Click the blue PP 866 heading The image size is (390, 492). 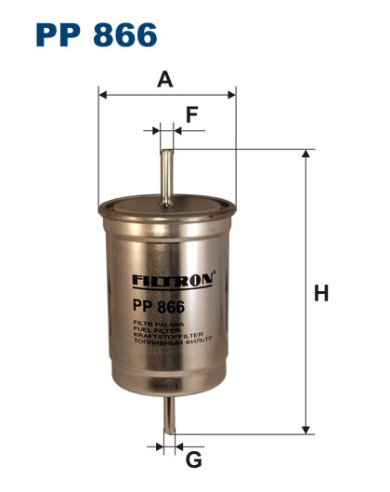[97, 35]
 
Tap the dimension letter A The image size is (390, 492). [165, 79]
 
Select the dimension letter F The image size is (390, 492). [192, 115]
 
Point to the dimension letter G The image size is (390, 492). [194, 459]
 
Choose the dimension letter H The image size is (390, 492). [321, 294]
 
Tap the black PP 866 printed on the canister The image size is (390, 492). [160, 307]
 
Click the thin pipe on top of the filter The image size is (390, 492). [166, 172]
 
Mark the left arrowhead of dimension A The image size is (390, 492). [103, 94]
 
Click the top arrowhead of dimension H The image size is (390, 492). [305, 154]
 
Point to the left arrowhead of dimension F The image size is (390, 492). [156, 131]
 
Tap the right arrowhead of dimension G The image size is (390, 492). [179, 446]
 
